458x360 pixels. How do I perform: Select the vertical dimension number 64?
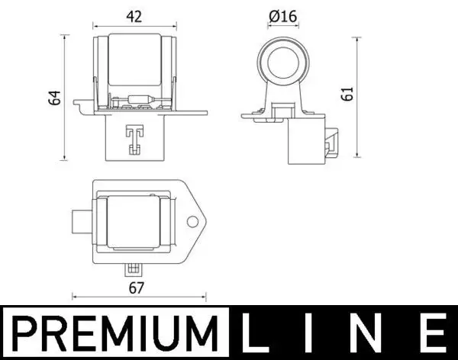[x=53, y=98]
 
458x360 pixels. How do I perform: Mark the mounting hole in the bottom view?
[x=192, y=223]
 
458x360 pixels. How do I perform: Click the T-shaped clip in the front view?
[x=134, y=138]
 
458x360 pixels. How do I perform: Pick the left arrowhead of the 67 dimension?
[x=74, y=297]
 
